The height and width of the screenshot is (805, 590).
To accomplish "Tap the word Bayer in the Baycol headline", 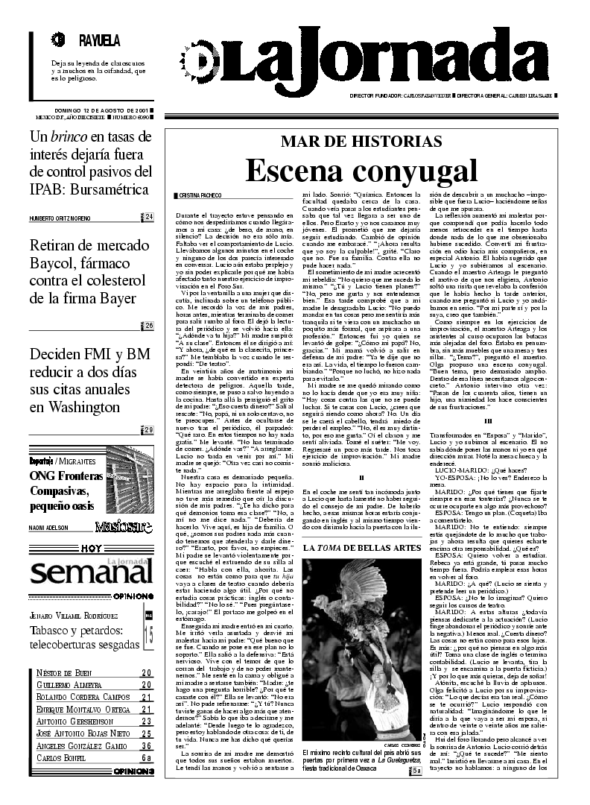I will [x=115, y=299].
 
